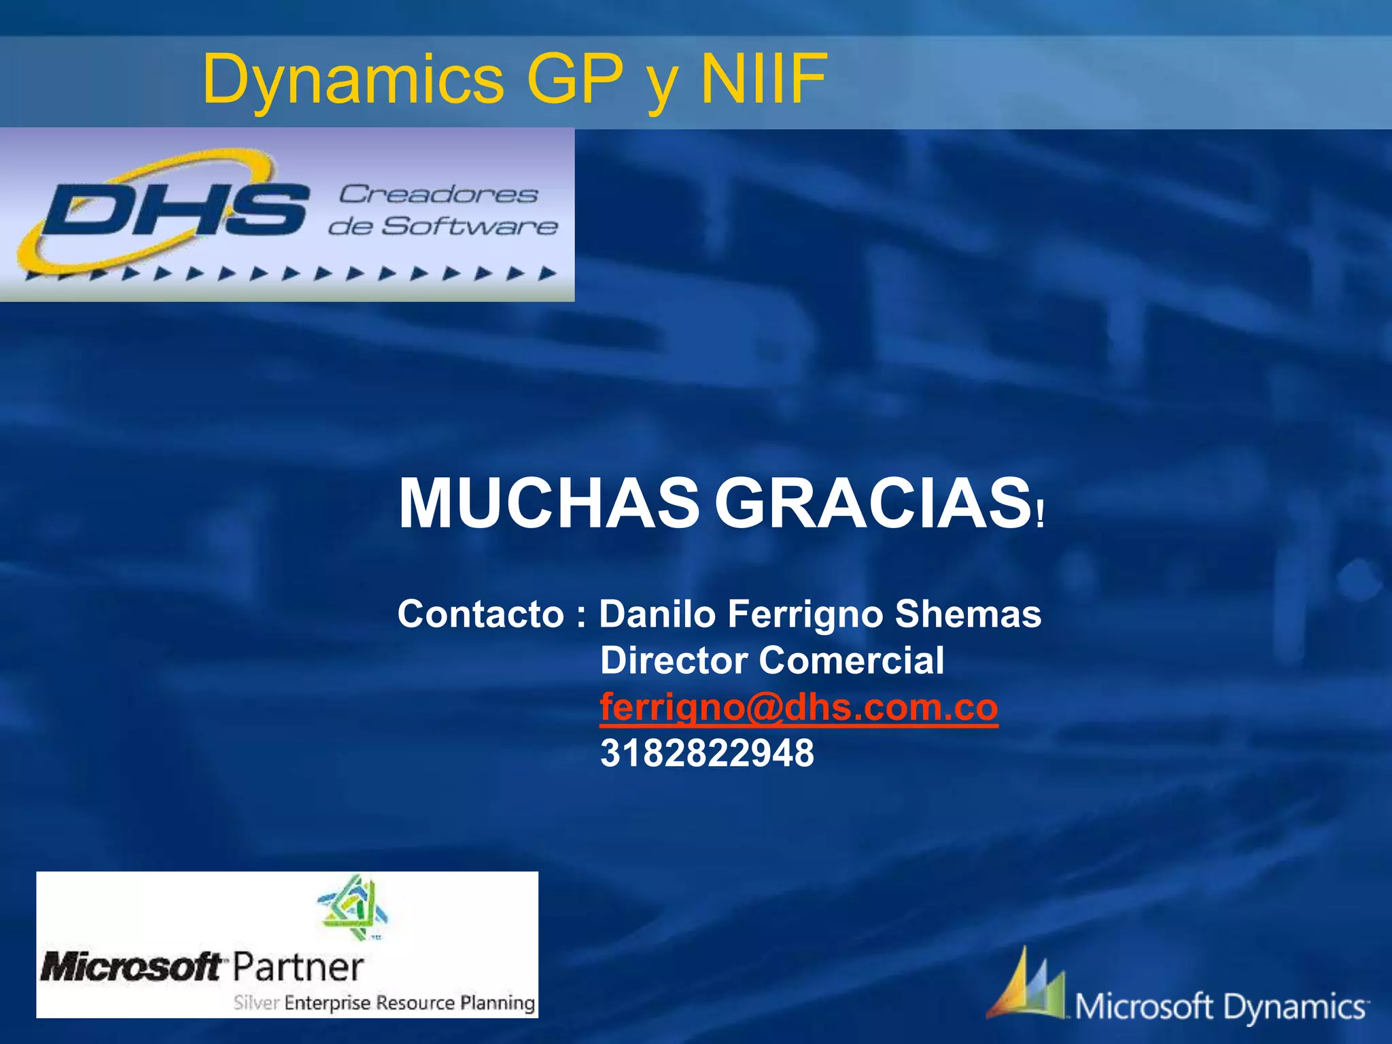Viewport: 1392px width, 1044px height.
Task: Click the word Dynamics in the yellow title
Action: pos(353,80)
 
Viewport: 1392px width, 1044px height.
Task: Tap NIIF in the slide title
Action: pos(763,80)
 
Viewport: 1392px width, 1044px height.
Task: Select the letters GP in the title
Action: pos(574,80)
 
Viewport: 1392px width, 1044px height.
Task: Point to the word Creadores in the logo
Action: pos(438,194)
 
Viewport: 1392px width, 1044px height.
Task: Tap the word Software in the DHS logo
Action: pos(469,226)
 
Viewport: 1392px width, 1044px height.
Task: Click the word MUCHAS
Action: pos(548,504)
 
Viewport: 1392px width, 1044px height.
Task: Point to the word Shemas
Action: pos(968,614)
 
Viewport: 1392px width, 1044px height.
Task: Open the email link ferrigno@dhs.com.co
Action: pos(799,708)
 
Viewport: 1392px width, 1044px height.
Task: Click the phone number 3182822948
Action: pos(707,753)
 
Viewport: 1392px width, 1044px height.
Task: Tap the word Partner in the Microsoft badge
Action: pos(298,967)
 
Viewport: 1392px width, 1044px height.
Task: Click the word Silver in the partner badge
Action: pos(256,1003)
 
